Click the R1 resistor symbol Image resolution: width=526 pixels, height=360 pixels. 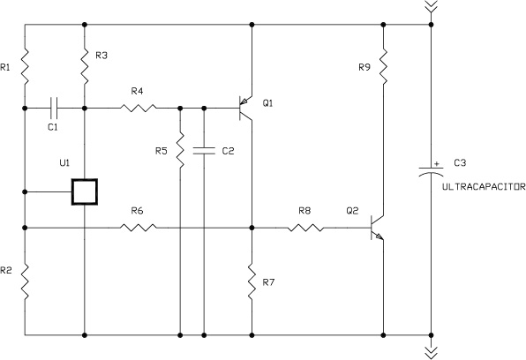[25, 66]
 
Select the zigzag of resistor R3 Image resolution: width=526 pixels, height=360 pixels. [85, 66]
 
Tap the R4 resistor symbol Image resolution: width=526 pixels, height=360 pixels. [139, 108]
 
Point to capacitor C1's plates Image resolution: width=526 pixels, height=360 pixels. [54, 108]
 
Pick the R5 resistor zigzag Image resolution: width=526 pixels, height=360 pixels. [180, 150]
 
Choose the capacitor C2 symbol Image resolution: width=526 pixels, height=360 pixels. [204, 151]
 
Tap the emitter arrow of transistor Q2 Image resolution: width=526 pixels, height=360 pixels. [379, 236]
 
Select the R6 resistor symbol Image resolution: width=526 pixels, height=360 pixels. [139, 228]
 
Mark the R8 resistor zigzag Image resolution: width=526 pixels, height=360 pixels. [305, 228]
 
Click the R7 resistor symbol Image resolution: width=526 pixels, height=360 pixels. [252, 281]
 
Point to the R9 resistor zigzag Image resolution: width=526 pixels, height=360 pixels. [383, 66]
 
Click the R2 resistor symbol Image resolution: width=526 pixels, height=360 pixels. [25, 281]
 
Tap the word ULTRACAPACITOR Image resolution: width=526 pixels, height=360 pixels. [484, 187]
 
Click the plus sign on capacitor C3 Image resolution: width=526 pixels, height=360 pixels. [437, 164]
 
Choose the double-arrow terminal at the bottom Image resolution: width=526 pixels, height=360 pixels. [432, 352]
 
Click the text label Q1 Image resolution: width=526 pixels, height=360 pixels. [267, 103]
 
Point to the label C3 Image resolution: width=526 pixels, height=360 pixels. [460, 162]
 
